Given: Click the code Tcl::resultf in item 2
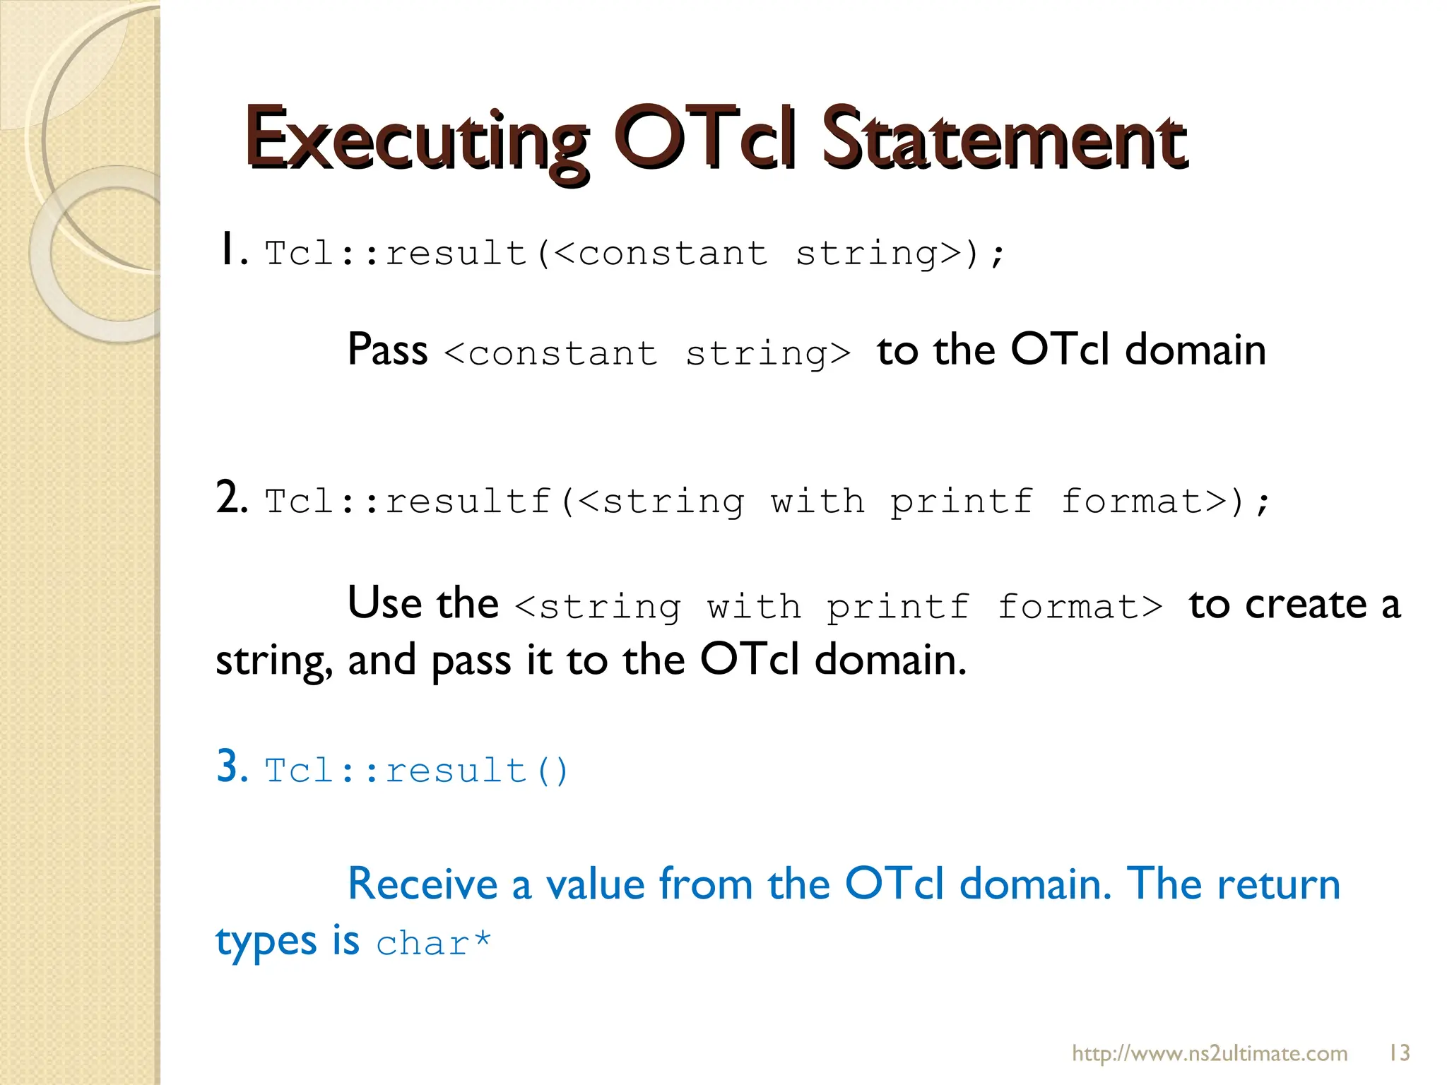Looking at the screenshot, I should (x=408, y=502).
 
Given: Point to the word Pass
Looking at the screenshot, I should (x=388, y=350).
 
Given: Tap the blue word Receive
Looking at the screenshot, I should (x=423, y=884).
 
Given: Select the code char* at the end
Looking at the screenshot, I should (x=433, y=944).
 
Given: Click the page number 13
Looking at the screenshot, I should (x=1399, y=1053).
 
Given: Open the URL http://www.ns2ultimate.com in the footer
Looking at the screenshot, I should (x=1210, y=1054).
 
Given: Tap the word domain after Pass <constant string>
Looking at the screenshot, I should (x=1195, y=350).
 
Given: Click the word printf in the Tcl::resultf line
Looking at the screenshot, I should (x=961, y=502).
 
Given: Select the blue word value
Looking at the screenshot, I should (x=596, y=884).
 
